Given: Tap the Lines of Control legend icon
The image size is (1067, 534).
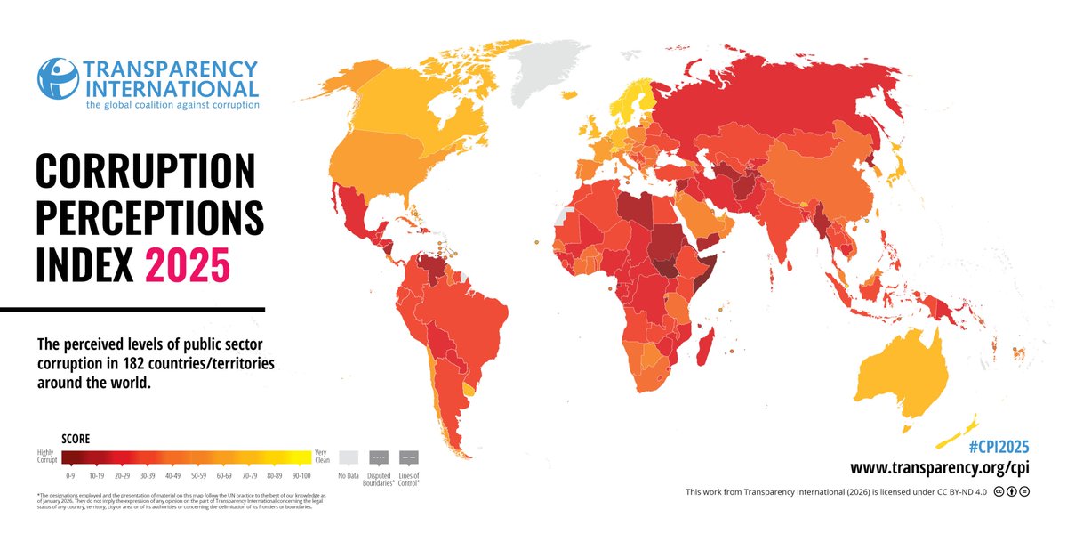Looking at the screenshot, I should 410,458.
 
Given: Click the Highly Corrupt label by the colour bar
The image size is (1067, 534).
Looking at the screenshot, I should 47,457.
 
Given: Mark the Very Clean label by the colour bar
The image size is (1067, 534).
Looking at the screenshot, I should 323,457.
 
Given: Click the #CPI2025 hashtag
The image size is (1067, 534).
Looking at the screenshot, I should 998,447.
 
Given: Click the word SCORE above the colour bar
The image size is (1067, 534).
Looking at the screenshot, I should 75,439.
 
